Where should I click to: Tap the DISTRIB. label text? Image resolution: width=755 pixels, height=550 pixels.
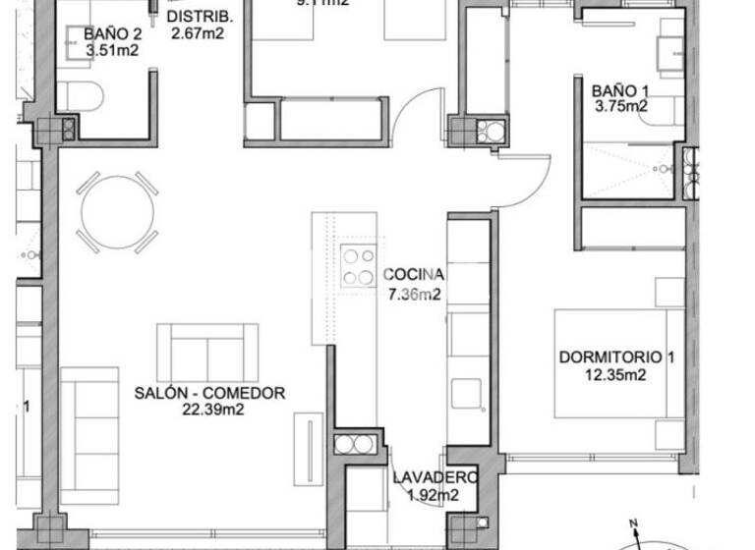point(200,18)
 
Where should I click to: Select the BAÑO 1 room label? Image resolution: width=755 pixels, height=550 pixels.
point(619,91)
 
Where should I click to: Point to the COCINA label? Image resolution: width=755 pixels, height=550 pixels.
point(414,275)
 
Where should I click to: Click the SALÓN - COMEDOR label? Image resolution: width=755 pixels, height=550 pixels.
point(209,393)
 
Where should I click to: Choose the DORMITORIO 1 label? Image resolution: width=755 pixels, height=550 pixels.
point(616,357)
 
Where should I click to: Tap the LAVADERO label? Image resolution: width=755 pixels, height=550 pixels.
point(436,478)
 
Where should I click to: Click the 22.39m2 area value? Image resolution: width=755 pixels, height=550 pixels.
point(210,410)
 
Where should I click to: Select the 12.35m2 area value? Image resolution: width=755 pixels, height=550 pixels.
point(615,374)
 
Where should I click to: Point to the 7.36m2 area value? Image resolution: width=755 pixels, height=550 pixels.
point(413,293)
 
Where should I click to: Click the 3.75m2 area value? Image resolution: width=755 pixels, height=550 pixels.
point(619,107)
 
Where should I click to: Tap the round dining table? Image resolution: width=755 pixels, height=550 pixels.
point(118,212)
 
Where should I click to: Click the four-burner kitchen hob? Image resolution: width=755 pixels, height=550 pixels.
point(357,266)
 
